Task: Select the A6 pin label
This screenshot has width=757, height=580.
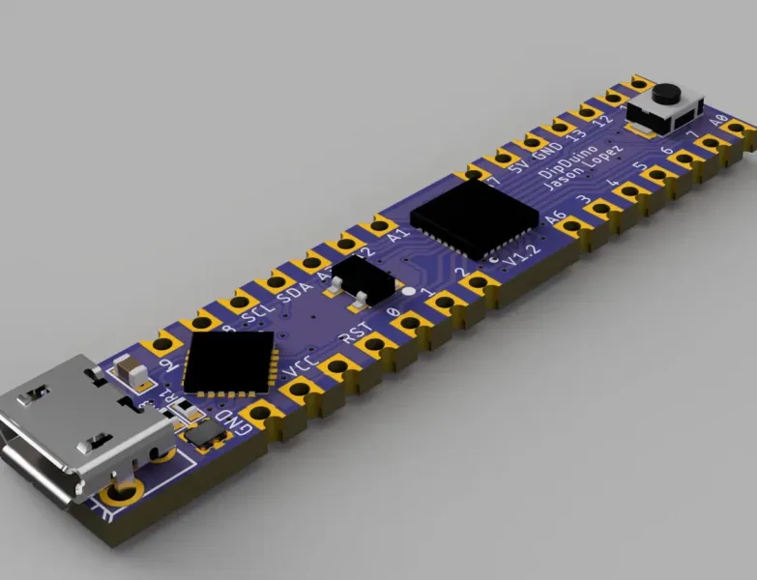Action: tap(554, 219)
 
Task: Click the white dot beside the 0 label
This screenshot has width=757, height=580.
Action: tap(409, 292)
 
